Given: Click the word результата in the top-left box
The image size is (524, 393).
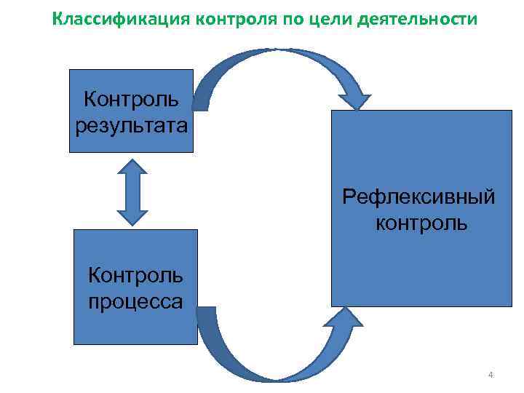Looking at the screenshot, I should (132, 124).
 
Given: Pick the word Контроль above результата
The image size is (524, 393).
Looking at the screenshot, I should (132, 98).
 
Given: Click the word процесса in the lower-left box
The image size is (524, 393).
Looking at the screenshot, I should (135, 301).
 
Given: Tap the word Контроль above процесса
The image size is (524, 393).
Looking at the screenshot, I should (135, 275).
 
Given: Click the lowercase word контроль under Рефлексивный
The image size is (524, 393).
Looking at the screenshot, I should (421, 222).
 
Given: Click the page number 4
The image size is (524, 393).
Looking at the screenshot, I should (491, 376).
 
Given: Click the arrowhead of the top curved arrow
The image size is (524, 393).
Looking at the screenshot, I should (354, 100).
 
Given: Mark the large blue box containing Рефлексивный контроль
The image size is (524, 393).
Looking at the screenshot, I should (421, 255).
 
